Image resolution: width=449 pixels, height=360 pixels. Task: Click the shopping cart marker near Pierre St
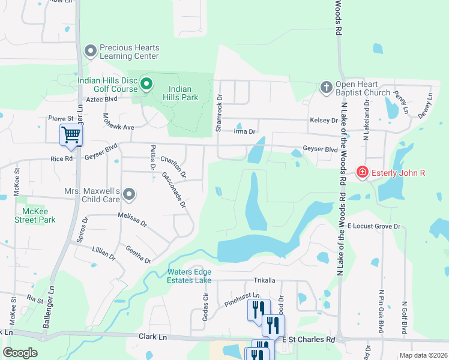pos(71,135)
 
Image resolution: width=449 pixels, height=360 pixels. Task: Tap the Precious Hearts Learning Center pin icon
pos(91,51)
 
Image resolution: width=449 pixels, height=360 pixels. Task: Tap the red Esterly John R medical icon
pos(362,173)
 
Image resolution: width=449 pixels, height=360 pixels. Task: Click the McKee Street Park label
pos(35,215)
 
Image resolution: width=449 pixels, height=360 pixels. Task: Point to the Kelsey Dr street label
pos(324,121)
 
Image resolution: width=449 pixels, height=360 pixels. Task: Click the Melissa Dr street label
pos(133,220)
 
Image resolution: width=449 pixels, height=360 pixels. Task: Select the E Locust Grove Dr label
pos(373,226)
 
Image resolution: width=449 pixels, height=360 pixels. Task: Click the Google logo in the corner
pos(20,353)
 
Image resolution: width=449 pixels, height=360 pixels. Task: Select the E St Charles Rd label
pos(309,339)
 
